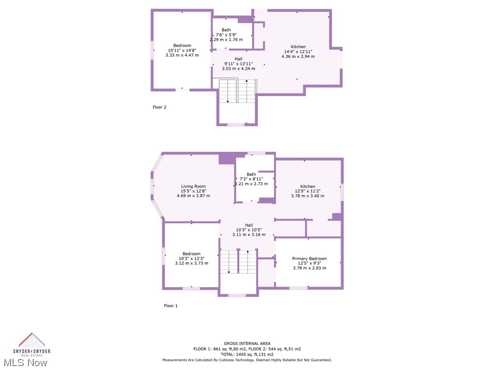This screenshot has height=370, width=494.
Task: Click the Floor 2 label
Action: pos(159,107)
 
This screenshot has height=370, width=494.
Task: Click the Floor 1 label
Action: pos(171,305)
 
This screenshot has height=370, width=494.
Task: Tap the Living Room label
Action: pos(193,186)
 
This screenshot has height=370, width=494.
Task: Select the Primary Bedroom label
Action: pos(309,259)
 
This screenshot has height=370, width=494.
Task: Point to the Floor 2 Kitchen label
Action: pos(298,47)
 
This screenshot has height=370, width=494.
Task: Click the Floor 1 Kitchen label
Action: pos(308,186)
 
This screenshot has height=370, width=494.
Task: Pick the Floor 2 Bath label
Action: pos(226,30)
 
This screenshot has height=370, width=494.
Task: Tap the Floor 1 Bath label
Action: pos(251,174)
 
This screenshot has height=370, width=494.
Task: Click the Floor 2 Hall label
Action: pos(238,59)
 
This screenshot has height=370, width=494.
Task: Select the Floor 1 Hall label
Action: pos(249,225)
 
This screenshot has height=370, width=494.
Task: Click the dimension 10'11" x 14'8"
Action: pos(182,50)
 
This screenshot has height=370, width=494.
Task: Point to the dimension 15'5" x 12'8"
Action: pos(193,191)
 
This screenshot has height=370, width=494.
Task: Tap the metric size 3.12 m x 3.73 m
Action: pos(192,263)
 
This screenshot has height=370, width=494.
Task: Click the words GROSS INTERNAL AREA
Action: pos(247,344)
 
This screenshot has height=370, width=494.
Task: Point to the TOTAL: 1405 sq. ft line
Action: pos(247,354)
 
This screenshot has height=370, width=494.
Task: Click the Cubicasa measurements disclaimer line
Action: pos(247,360)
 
